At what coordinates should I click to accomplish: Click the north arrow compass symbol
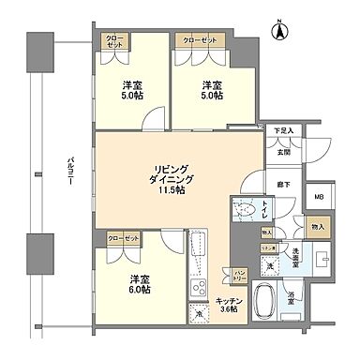(x=278, y=30)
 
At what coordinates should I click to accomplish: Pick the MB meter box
(x=319, y=197)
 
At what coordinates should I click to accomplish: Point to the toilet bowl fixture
(x=246, y=210)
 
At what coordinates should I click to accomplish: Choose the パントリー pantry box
(x=239, y=274)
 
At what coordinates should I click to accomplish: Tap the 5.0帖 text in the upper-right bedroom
(x=212, y=94)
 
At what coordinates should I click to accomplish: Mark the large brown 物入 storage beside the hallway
(x=317, y=226)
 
